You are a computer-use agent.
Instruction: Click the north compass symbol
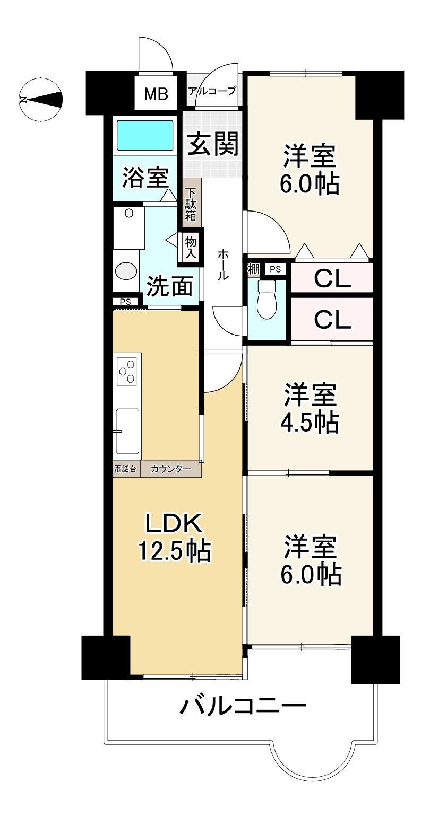pyautogui.click(x=40, y=99)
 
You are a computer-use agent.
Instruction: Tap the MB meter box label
pyautogui.click(x=156, y=94)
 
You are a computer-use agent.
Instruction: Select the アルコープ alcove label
pyautogui.click(x=212, y=91)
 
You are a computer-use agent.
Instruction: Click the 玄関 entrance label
pyautogui.click(x=213, y=143)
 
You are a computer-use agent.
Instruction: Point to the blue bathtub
pyautogui.click(x=144, y=136)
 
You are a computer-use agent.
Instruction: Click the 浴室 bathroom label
pyautogui.click(x=145, y=177)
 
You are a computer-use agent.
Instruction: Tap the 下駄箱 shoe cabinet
pyautogui.click(x=191, y=204)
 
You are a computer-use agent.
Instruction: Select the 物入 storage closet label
pyautogui.click(x=190, y=247)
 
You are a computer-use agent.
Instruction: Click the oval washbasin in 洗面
pyautogui.click(x=126, y=271)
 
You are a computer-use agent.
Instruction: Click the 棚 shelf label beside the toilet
pyautogui.click(x=253, y=269)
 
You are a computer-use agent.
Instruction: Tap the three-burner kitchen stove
pyautogui.click(x=126, y=371)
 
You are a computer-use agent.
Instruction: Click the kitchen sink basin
pyautogui.click(x=127, y=431)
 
